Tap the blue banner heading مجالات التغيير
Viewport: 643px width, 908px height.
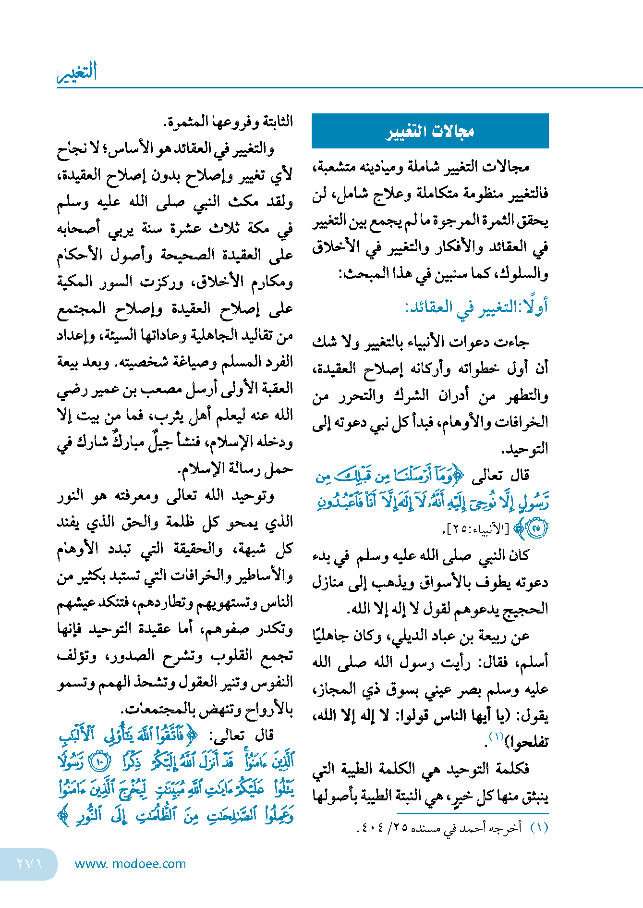click(x=430, y=131)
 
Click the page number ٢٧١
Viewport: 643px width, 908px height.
click(x=29, y=863)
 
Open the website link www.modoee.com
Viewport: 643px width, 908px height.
click(x=130, y=864)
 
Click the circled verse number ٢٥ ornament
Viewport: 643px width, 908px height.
click(x=537, y=528)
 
